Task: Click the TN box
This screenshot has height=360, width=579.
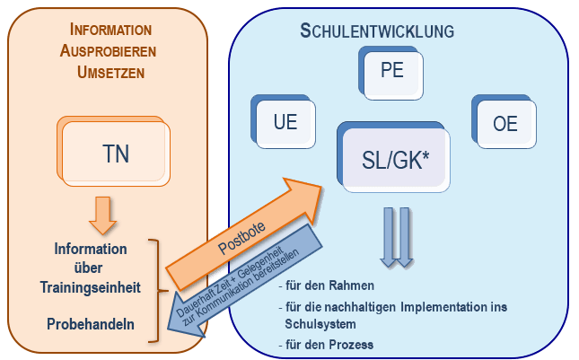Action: [x=115, y=153]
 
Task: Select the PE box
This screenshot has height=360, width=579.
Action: [x=392, y=72]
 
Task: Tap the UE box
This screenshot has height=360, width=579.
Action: [x=285, y=123]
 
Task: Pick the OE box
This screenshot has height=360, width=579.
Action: [x=505, y=123]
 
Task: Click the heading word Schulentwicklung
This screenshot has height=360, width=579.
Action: [x=376, y=31]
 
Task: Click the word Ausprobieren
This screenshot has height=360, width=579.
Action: [x=110, y=50]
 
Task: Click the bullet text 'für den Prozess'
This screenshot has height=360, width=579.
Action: [x=324, y=344]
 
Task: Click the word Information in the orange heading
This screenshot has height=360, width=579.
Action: [x=110, y=30]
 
